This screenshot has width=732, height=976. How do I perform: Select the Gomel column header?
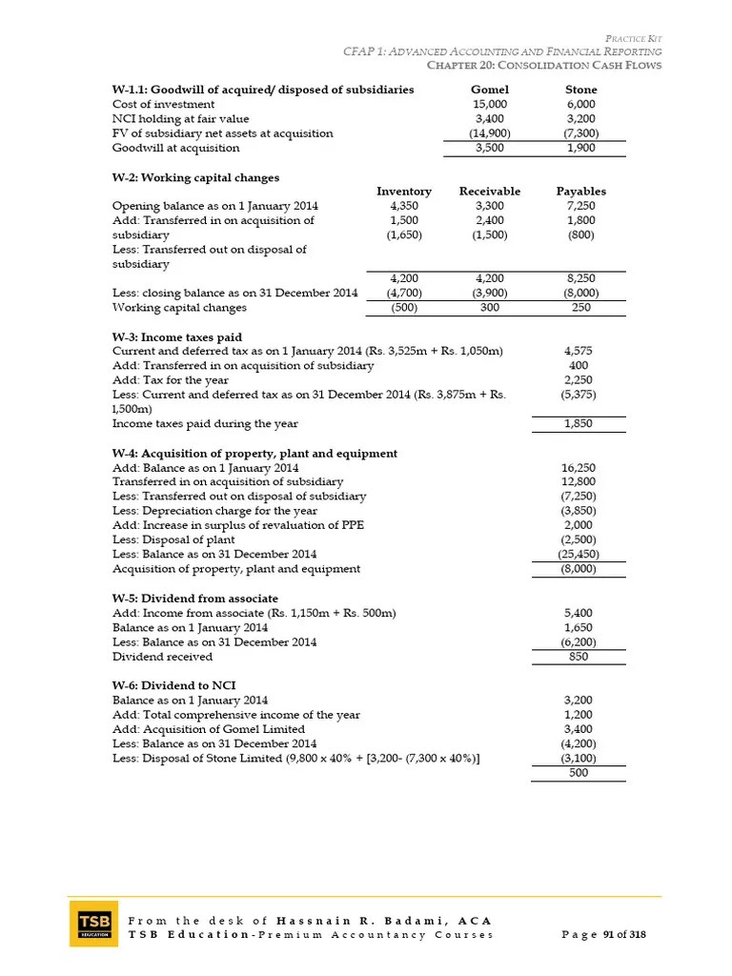490,90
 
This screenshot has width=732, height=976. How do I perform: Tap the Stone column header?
581,90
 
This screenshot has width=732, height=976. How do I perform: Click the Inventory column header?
404,192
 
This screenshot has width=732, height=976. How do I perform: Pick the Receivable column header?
490,192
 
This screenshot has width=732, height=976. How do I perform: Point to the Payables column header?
581,192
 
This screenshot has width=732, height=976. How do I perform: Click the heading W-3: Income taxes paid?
177,336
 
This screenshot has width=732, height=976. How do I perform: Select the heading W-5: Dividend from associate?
195,598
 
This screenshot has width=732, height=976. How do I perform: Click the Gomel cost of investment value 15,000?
490,104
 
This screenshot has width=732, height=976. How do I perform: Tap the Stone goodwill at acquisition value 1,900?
581,149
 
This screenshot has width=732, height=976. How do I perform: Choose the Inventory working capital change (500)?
404,308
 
